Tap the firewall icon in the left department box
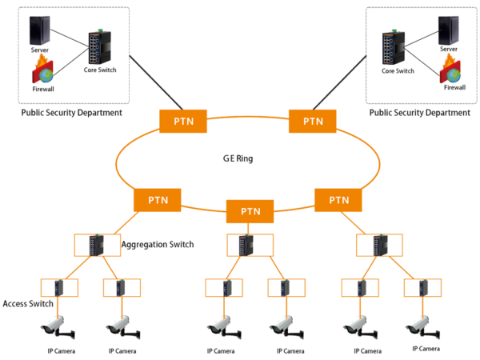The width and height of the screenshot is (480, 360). coord(42,73)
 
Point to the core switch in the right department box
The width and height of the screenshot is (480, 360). coord(392,47)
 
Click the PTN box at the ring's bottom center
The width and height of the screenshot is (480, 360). coord(250,212)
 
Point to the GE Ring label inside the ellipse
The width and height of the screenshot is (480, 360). coord(238,159)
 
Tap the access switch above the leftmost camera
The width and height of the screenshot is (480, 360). coord(58,287)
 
